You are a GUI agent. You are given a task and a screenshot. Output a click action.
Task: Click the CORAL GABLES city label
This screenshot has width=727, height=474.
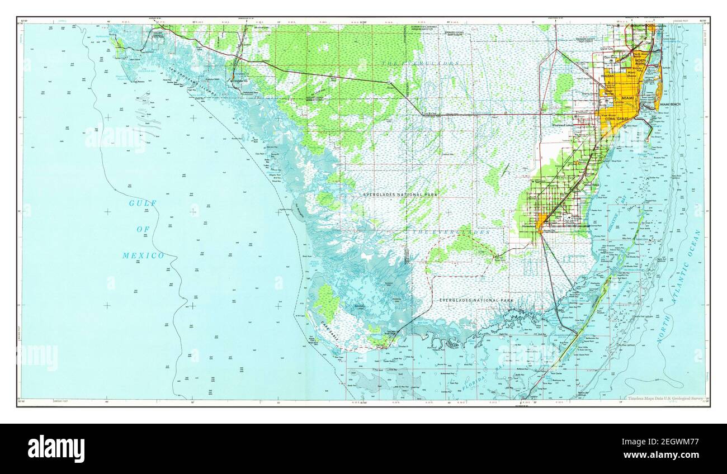(617, 118)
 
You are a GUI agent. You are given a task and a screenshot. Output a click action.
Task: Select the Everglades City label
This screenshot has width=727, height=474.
(239, 80)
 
